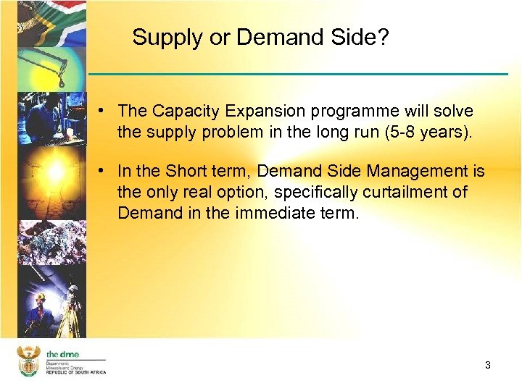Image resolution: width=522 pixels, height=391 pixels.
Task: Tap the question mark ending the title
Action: click(384, 38)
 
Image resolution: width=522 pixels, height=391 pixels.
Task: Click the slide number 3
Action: click(488, 366)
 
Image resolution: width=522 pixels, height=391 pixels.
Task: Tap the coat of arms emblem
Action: click(28, 361)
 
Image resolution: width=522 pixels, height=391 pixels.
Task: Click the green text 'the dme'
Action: click(62, 353)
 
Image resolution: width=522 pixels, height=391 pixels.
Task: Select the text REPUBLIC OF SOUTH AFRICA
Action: click(76, 371)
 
